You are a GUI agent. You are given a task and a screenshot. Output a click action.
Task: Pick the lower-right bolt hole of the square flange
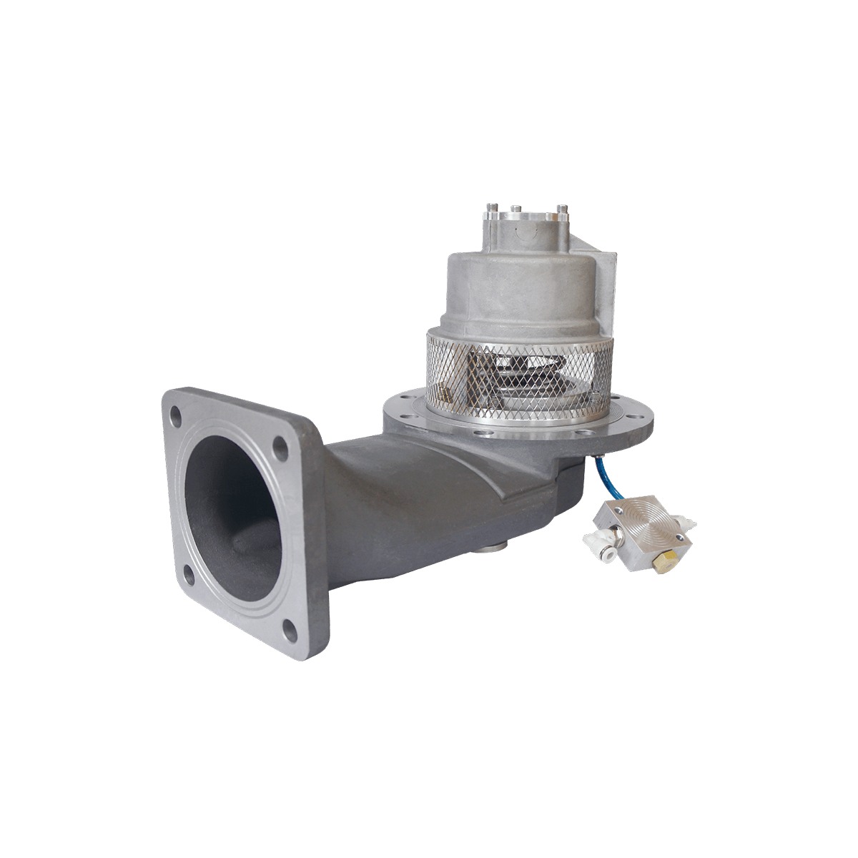290,630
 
